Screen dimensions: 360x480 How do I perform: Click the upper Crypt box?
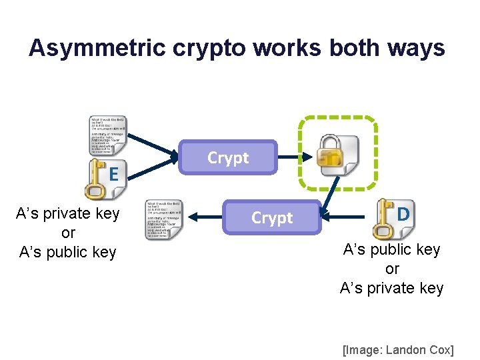[x=228, y=158]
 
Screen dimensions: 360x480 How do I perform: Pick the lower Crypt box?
[x=271, y=218]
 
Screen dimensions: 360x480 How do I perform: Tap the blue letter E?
[x=114, y=175]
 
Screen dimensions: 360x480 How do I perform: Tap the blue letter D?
[x=403, y=215]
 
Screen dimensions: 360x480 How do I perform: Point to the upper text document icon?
[x=108, y=136]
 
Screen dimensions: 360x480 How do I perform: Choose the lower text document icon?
[x=163, y=220]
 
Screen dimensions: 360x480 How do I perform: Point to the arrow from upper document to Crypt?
[x=155, y=148]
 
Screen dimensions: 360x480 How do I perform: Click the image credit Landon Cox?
[x=398, y=350]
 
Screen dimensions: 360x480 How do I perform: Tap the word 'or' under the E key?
[x=68, y=233]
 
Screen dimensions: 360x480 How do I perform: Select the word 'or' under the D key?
[x=392, y=269]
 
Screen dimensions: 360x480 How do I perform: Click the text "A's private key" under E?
[x=68, y=214]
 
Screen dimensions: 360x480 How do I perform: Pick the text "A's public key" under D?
[x=392, y=250]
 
